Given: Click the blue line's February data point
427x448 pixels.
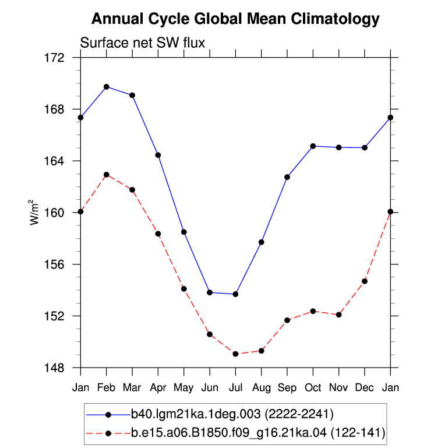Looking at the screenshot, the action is tap(107, 87).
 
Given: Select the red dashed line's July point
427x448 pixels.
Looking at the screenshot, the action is tap(235, 354).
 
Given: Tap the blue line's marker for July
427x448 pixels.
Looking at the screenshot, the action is tap(235, 294).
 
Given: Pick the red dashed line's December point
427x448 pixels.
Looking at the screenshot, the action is tap(365, 281).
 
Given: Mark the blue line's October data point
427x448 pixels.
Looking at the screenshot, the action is tap(313, 146).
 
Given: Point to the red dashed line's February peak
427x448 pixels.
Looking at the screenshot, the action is tap(107, 175).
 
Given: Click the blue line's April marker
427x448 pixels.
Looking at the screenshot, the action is tap(158, 155).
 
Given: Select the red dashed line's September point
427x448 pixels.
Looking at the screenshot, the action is tap(287, 320).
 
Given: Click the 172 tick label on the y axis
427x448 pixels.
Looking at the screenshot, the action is tap(54, 58).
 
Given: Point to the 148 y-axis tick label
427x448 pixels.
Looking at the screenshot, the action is tap(54, 368).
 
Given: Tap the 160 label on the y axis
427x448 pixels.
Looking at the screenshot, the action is tap(54, 213).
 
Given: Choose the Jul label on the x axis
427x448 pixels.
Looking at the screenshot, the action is tap(235, 388).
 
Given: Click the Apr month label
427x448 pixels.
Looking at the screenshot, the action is tap(158, 388).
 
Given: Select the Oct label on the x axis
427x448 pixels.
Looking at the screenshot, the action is tap(313, 388).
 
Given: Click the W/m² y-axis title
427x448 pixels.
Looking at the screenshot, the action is tap(34, 212).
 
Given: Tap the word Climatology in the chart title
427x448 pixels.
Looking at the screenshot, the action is tap(336, 19).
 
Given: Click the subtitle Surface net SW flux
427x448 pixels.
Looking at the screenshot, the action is tap(143, 43).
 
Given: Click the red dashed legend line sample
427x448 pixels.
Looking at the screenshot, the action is tap(108, 433).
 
